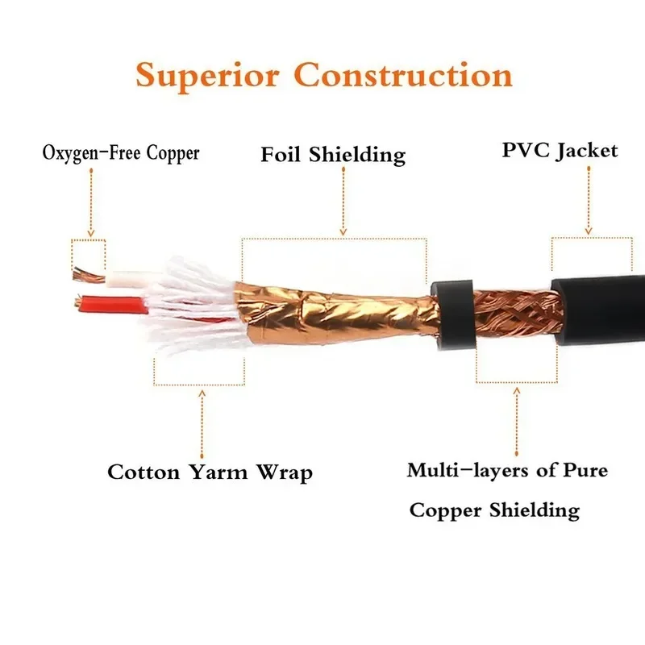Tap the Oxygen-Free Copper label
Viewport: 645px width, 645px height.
120,152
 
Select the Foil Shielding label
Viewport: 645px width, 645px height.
333,154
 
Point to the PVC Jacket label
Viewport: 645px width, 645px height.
560,150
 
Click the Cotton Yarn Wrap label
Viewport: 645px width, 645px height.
210,472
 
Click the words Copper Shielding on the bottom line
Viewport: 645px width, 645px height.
494,510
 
